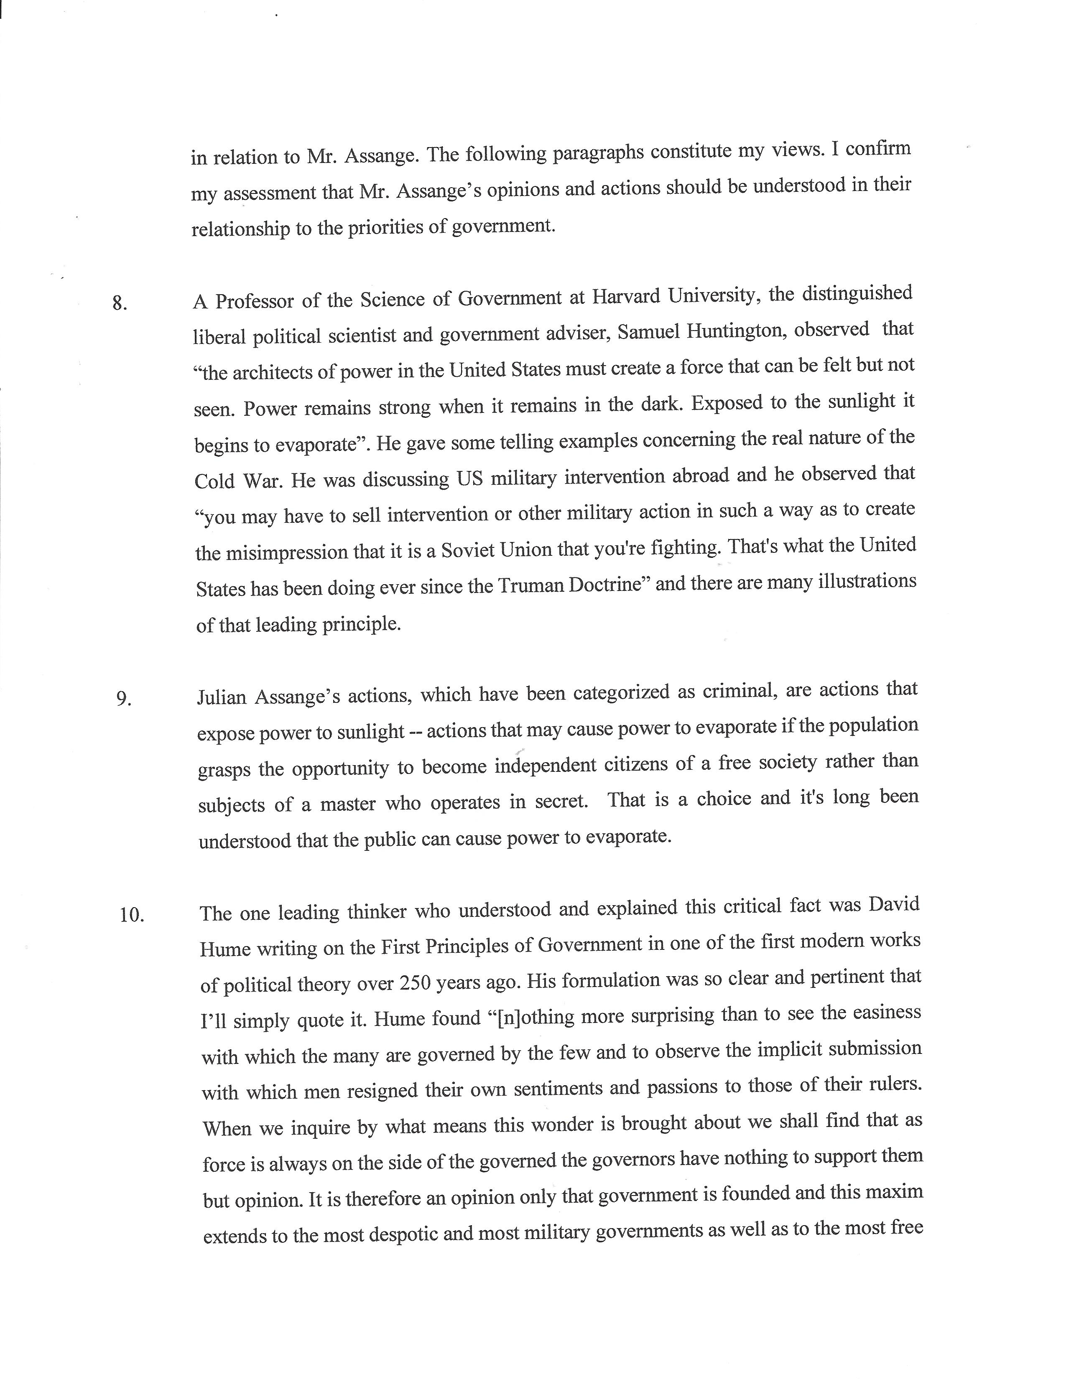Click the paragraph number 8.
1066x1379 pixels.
(x=120, y=304)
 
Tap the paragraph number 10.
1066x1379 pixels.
(x=132, y=915)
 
